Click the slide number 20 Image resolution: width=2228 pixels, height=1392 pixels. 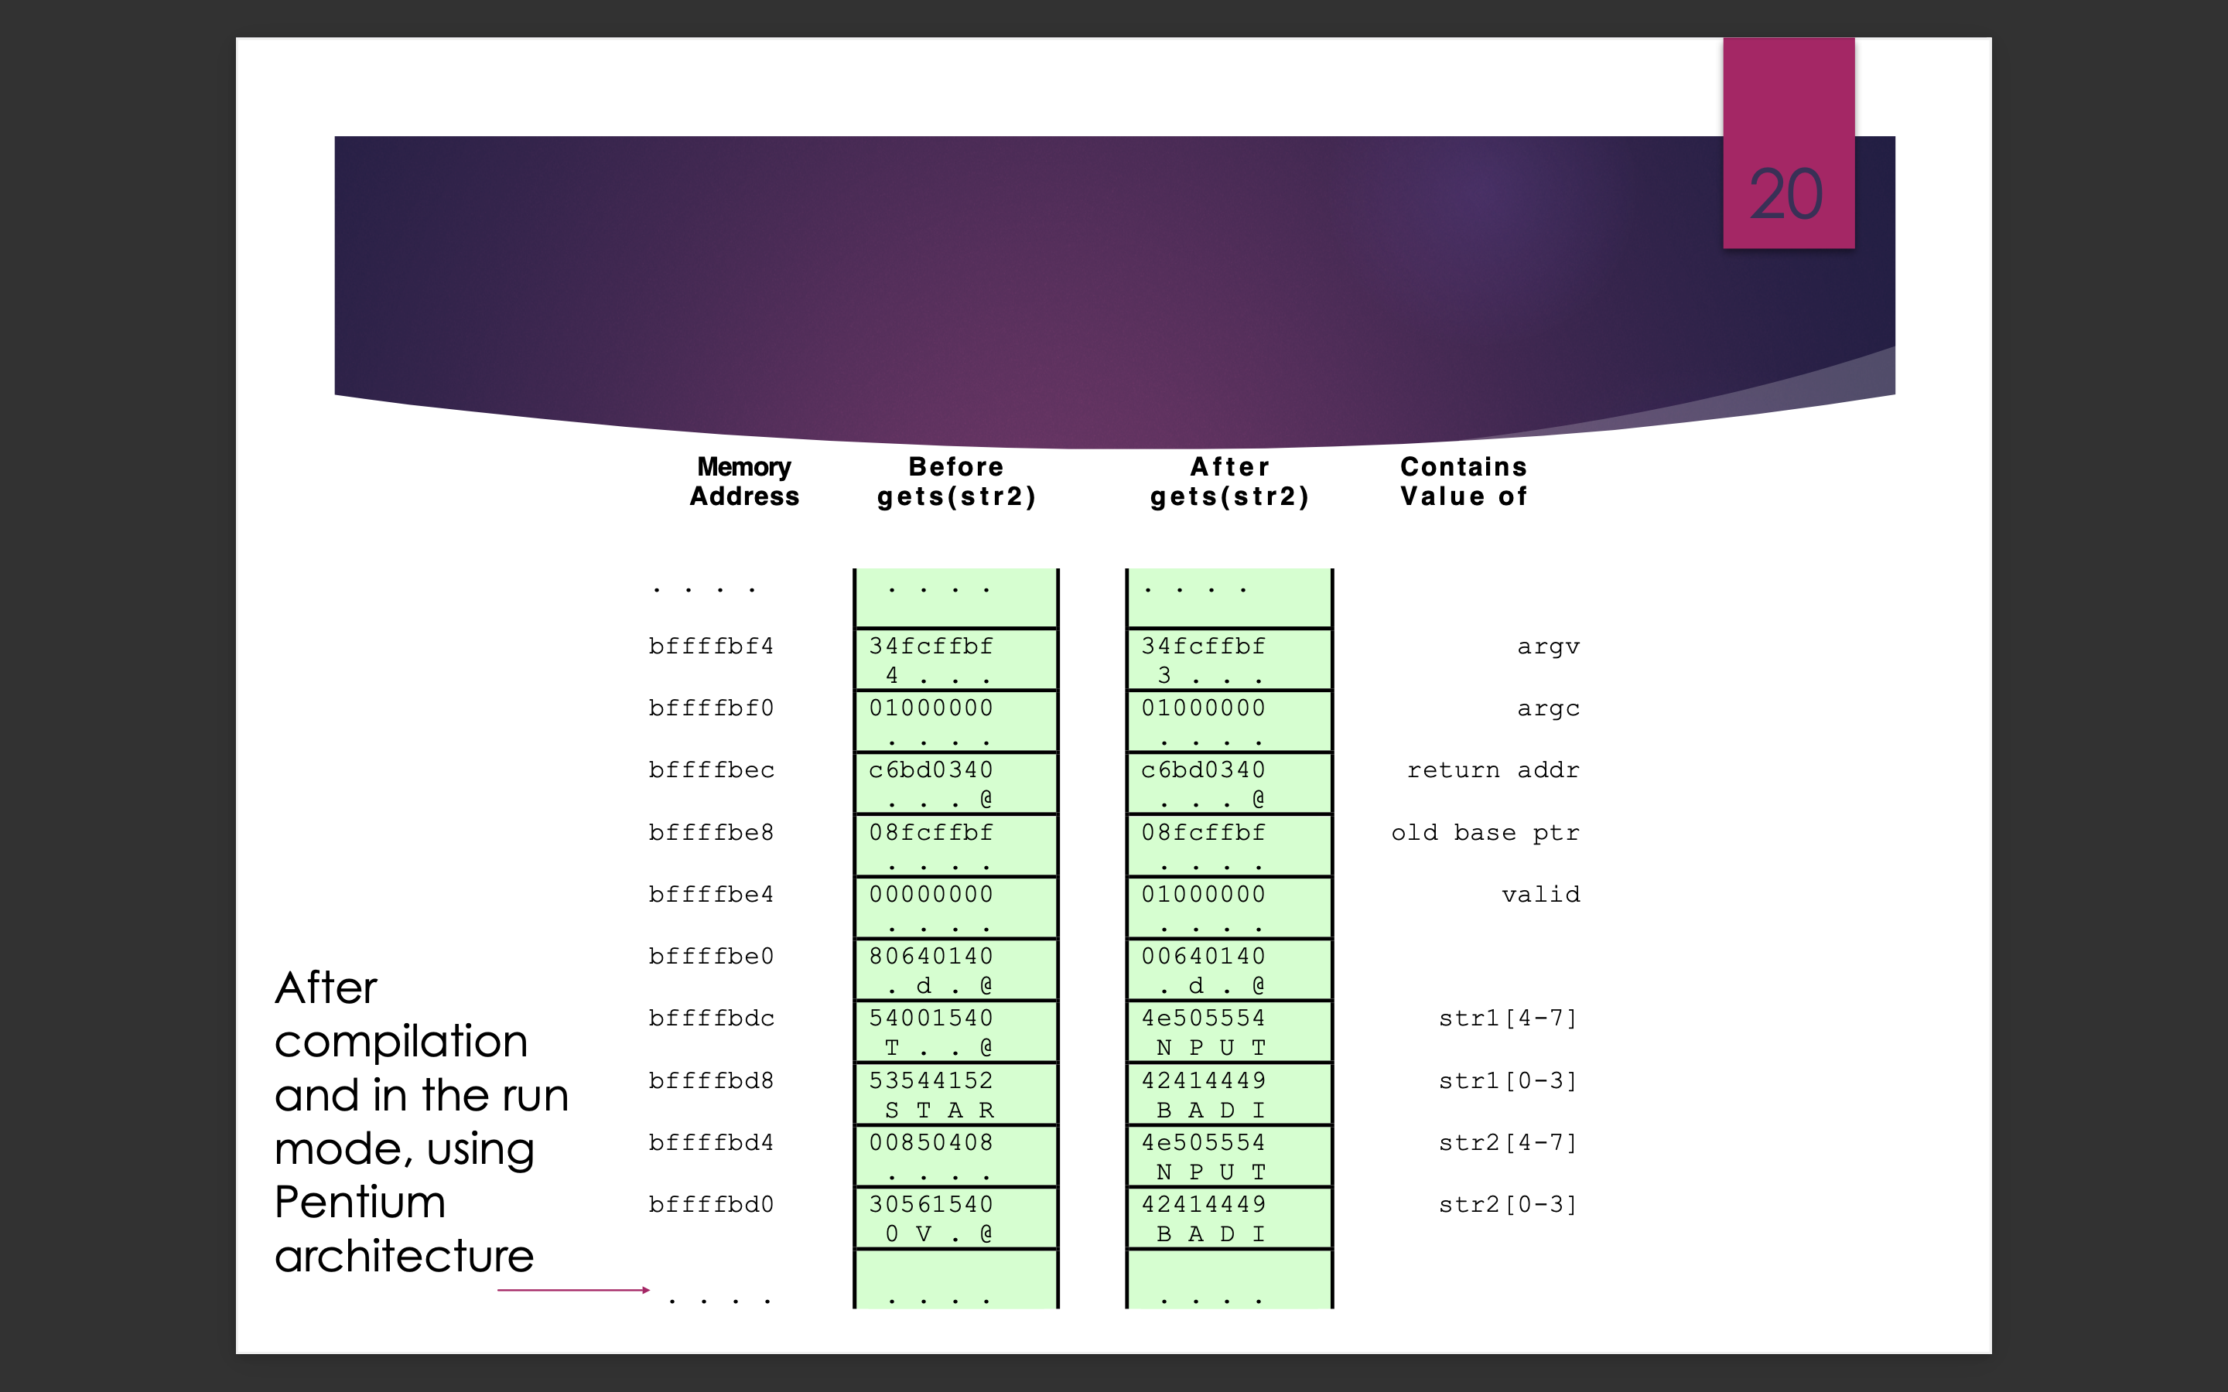click(x=1785, y=194)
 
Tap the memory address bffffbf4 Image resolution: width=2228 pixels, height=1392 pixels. click(x=711, y=647)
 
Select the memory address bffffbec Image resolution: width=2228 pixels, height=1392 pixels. click(x=711, y=769)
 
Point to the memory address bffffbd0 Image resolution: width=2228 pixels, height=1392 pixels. click(x=711, y=1204)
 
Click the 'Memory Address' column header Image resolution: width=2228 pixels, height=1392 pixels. click(x=744, y=482)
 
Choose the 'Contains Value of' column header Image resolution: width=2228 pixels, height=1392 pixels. click(x=1464, y=482)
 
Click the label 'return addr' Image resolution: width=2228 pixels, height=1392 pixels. click(x=1492, y=769)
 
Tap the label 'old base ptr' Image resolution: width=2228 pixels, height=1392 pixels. click(x=1485, y=832)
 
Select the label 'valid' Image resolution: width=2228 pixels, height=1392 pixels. click(x=1540, y=894)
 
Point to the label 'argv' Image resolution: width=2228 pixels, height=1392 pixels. click(x=1548, y=647)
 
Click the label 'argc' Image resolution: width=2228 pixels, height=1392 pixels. click(x=1548, y=708)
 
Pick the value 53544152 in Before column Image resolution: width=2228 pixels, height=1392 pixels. click(x=931, y=1080)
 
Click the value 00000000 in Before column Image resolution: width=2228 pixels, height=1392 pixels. click(x=931, y=894)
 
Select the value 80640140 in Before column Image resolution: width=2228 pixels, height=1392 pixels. click(x=931, y=956)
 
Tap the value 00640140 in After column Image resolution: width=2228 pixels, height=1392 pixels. click(x=1203, y=956)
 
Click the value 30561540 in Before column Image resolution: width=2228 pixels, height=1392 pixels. click(x=931, y=1204)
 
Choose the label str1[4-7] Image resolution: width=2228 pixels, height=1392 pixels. click(x=1508, y=1018)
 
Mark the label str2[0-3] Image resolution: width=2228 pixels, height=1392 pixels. click(x=1508, y=1204)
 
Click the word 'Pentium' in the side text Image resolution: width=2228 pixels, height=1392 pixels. click(x=360, y=1203)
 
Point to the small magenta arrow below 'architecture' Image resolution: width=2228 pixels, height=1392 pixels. click(x=572, y=1290)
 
